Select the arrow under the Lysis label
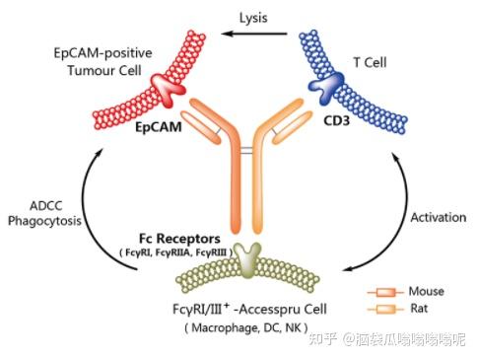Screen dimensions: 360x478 click(x=253, y=36)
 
